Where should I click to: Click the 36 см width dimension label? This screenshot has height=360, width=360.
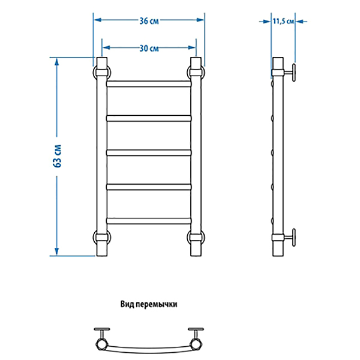click(149, 21)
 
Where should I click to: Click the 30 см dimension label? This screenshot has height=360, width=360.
click(149, 49)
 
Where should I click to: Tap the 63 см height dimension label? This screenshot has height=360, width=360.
click(58, 156)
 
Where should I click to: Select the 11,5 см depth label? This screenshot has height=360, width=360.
click(283, 22)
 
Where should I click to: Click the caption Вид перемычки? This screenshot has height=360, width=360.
click(149, 304)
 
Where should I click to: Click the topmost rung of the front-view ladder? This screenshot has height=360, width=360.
click(149, 84)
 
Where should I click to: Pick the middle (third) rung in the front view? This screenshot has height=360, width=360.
click(149, 152)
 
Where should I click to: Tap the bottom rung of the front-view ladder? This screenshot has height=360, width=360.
click(149, 221)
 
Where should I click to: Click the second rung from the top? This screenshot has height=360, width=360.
click(149, 118)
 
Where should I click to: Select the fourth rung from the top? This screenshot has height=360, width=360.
click(149, 187)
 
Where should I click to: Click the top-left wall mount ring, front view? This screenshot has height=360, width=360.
click(94, 73)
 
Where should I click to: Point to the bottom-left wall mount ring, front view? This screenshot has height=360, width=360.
click(94, 237)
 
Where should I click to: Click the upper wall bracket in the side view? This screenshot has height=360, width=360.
click(290, 73)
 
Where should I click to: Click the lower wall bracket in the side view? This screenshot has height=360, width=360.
click(290, 238)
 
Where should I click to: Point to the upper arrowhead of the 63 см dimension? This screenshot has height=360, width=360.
click(57, 62)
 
